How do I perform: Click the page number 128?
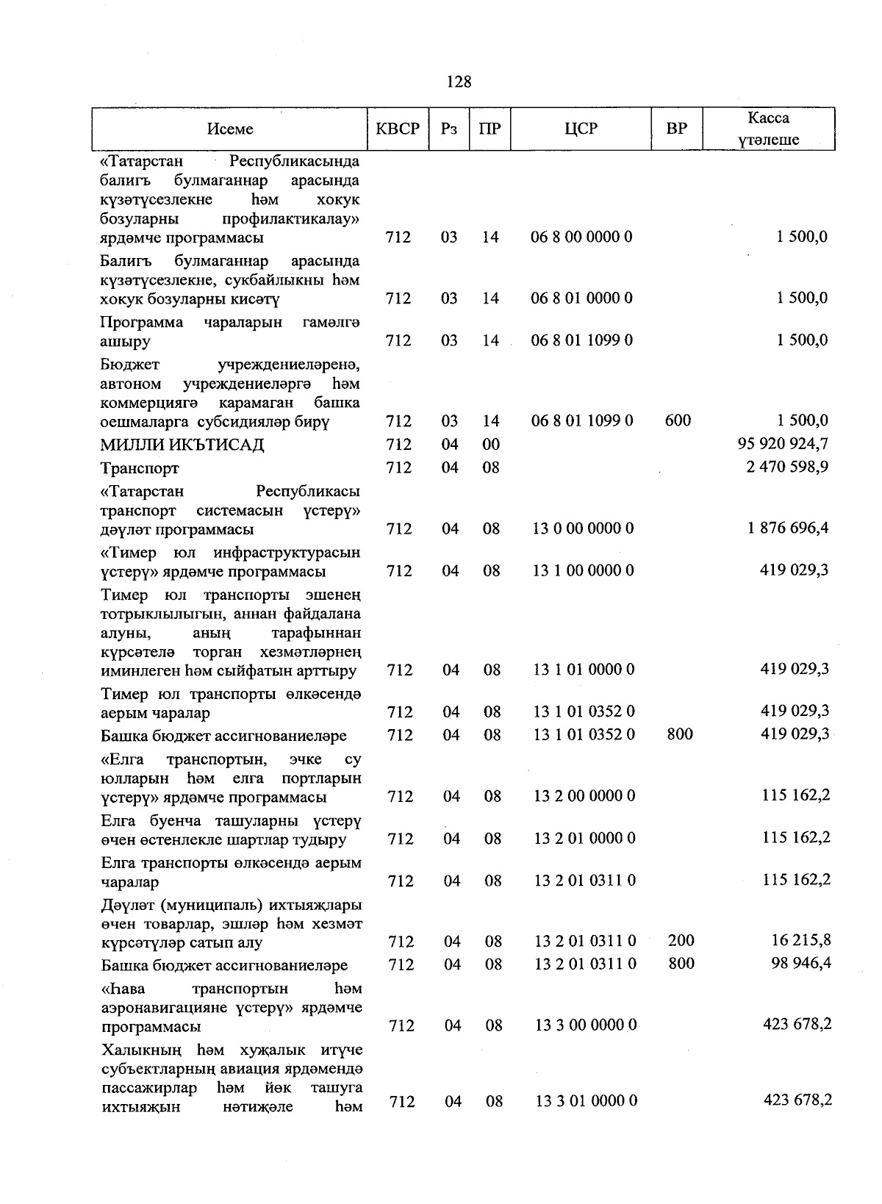[x=459, y=82]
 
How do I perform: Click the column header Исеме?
[x=230, y=129]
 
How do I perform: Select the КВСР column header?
[x=398, y=129]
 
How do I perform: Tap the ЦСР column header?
[x=581, y=129]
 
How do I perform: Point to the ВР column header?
[x=676, y=129]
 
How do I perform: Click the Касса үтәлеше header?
[x=769, y=129]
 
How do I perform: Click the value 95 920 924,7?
[x=783, y=443]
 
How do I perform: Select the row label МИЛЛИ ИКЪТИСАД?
[x=182, y=445]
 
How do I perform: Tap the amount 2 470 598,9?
[x=787, y=467]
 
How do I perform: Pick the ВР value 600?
[x=678, y=420]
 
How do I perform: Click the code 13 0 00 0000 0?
[x=584, y=528]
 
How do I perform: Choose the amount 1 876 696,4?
[x=788, y=528]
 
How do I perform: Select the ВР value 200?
[x=681, y=940]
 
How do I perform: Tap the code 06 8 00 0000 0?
[x=581, y=237]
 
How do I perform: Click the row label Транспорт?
[x=140, y=468]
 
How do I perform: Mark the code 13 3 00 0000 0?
[x=586, y=1025]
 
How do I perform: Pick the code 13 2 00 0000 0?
[x=584, y=796]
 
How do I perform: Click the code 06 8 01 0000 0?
[x=581, y=298]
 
